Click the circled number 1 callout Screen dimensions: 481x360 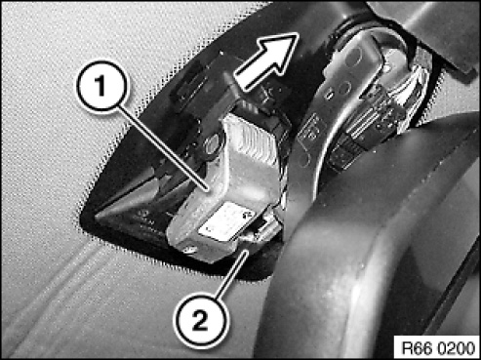[x=102, y=86]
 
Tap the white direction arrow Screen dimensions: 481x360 [x=266, y=60]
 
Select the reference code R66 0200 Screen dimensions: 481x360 [x=438, y=348]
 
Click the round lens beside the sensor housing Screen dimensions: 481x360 [x=213, y=143]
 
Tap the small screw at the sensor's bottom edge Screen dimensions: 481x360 [x=190, y=250]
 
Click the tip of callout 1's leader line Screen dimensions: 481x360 [x=208, y=190]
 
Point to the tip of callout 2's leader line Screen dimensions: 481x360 [x=249, y=250]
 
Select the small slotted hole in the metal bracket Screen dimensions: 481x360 [x=330, y=95]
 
